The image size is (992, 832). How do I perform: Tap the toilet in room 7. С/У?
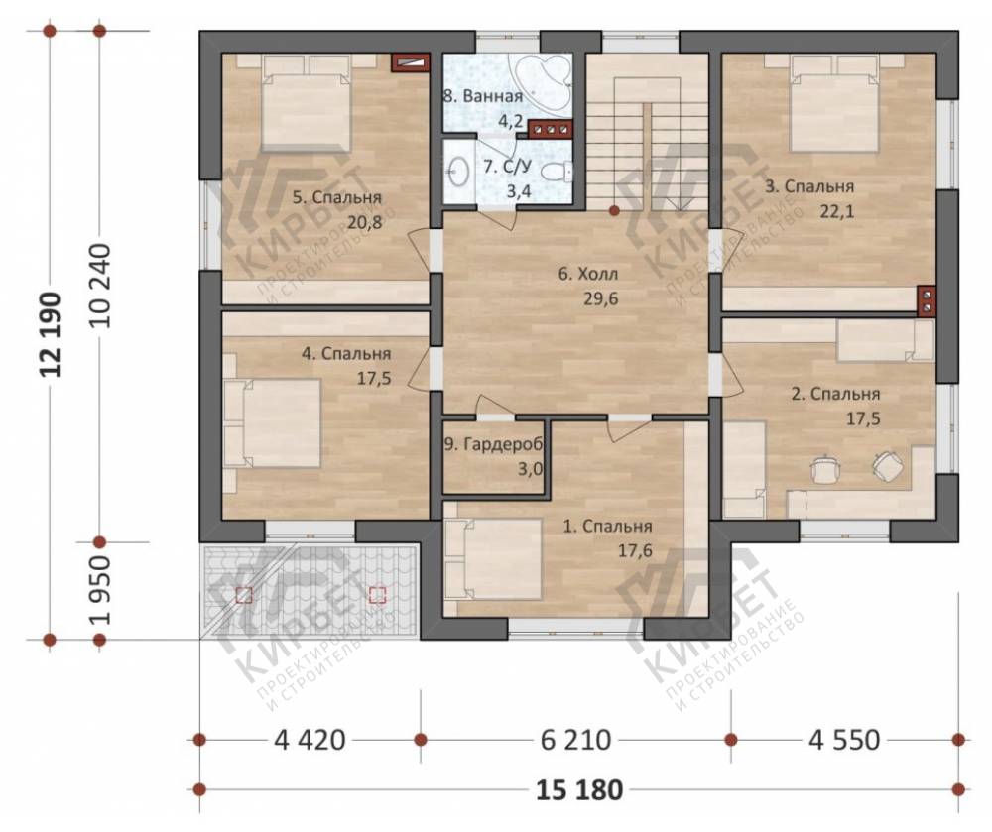coord(558,171)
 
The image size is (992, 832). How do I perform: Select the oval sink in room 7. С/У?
coord(457,170)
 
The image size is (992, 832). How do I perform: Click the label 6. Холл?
coord(587,274)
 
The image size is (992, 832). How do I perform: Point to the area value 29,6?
coord(600,298)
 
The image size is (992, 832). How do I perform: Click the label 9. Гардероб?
coord(493,445)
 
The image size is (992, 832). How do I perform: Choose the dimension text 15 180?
coord(579,789)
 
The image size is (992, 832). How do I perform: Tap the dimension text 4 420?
coord(310,739)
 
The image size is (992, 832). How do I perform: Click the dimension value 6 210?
coord(575,739)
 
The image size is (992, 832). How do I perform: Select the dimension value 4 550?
coord(844,739)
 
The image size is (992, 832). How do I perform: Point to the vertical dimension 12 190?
coord(51,334)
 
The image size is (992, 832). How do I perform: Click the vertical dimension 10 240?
coord(100,285)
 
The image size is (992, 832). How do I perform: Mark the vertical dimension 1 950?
coord(100,590)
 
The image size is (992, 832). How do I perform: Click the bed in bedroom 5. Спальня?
coord(307,102)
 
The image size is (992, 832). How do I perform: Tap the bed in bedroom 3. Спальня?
coord(834,102)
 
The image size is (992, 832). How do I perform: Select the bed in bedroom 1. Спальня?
coord(493,559)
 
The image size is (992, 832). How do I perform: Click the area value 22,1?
coord(837,211)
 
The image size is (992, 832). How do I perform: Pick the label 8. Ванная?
coord(483,96)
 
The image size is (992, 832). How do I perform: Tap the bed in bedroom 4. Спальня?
coord(272,423)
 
